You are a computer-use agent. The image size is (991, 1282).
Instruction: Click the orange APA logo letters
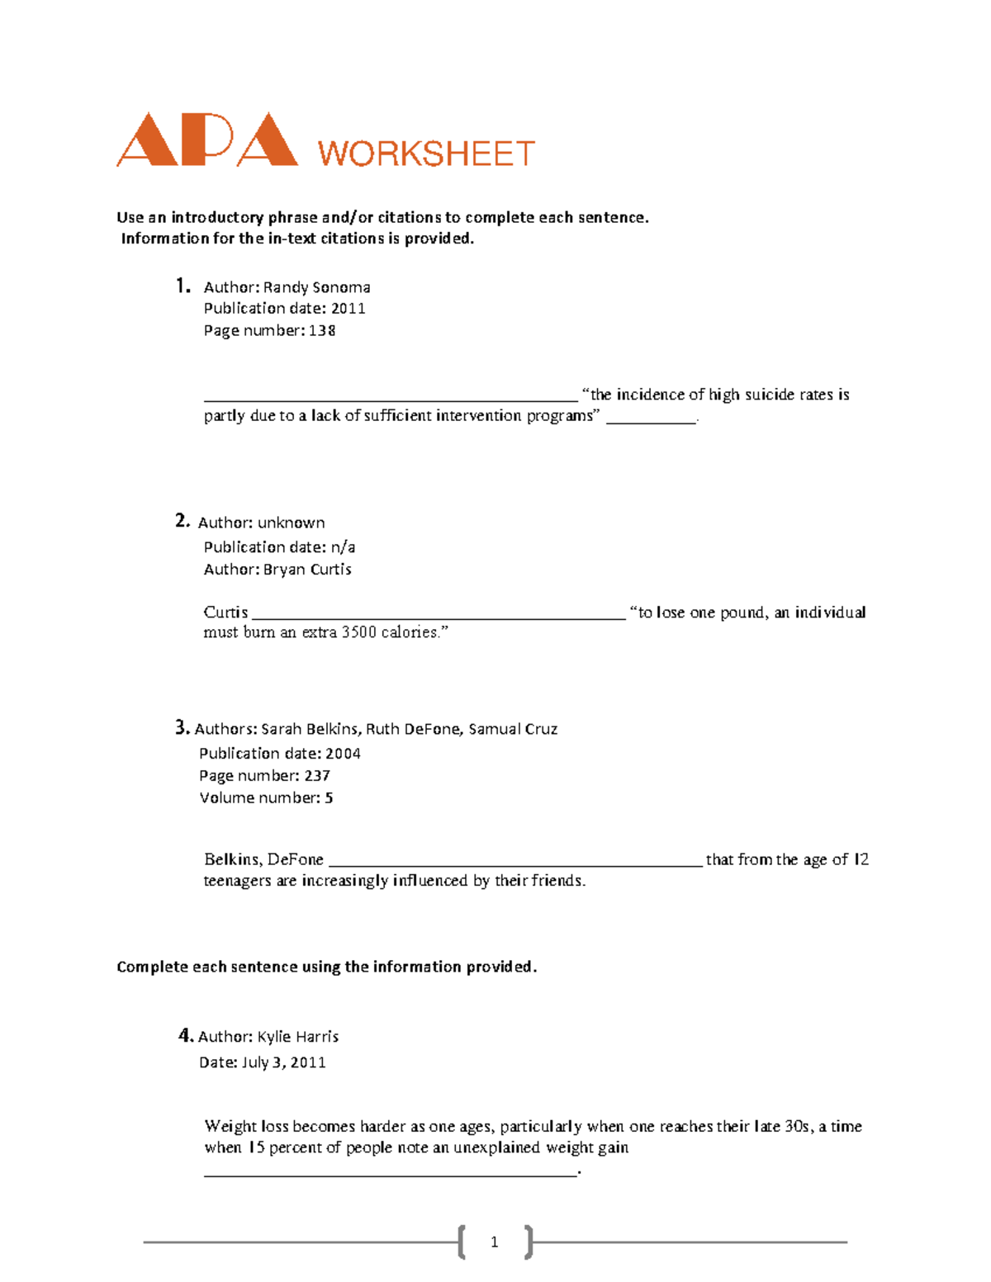pyautogui.click(x=206, y=140)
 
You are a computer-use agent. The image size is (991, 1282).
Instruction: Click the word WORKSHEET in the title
pyautogui.click(x=426, y=154)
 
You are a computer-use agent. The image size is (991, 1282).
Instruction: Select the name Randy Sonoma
pyautogui.click(x=316, y=287)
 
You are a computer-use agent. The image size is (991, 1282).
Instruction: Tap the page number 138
pyautogui.click(x=321, y=331)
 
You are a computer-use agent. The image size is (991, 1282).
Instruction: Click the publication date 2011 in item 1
pyautogui.click(x=348, y=309)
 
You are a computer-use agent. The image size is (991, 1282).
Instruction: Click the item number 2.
pyautogui.click(x=182, y=521)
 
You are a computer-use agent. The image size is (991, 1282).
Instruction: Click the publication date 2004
pyautogui.click(x=343, y=754)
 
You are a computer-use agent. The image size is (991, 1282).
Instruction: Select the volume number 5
pyautogui.click(x=329, y=798)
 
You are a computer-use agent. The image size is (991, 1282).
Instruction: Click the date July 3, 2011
pyautogui.click(x=283, y=1062)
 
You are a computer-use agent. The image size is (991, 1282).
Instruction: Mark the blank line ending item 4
pyautogui.click(x=390, y=1172)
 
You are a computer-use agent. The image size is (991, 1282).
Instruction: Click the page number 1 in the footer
pyautogui.click(x=494, y=1242)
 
